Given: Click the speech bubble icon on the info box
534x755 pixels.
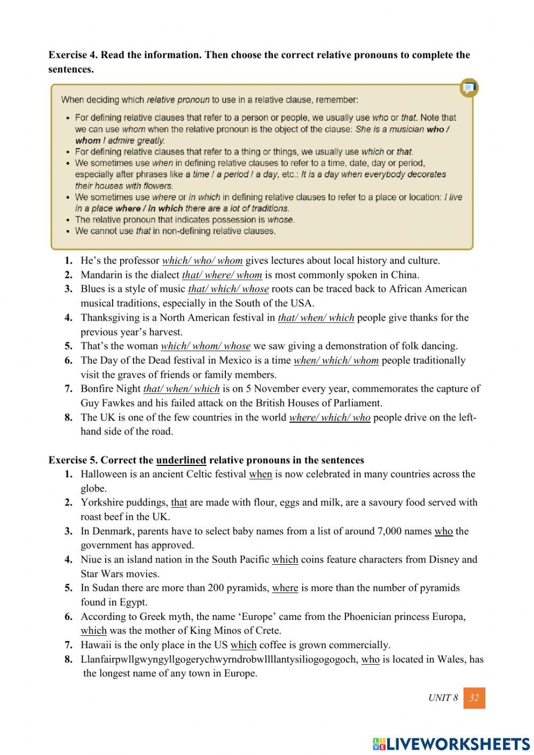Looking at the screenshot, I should pyautogui.click(x=469, y=88).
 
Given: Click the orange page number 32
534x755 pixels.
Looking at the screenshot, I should pyautogui.click(x=474, y=698).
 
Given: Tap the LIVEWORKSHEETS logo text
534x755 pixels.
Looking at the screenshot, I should pyautogui.click(x=451, y=743).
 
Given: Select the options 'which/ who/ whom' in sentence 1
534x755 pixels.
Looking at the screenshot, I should pyautogui.click(x=202, y=261).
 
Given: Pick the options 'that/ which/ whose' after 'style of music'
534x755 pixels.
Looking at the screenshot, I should pyautogui.click(x=228, y=289).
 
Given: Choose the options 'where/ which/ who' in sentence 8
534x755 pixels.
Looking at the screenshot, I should pyautogui.click(x=329, y=418).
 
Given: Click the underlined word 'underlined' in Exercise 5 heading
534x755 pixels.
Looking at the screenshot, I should pyautogui.click(x=181, y=460).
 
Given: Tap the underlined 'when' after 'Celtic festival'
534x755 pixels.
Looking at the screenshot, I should pyautogui.click(x=261, y=474).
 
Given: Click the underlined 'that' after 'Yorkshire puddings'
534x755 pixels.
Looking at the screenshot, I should pyautogui.click(x=179, y=503).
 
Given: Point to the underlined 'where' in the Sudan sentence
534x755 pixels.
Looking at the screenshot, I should pyautogui.click(x=285, y=588).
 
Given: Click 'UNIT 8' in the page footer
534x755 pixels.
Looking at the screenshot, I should pyautogui.click(x=443, y=698).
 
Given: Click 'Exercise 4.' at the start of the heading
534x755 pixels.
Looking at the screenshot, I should pyautogui.click(x=73, y=55).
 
